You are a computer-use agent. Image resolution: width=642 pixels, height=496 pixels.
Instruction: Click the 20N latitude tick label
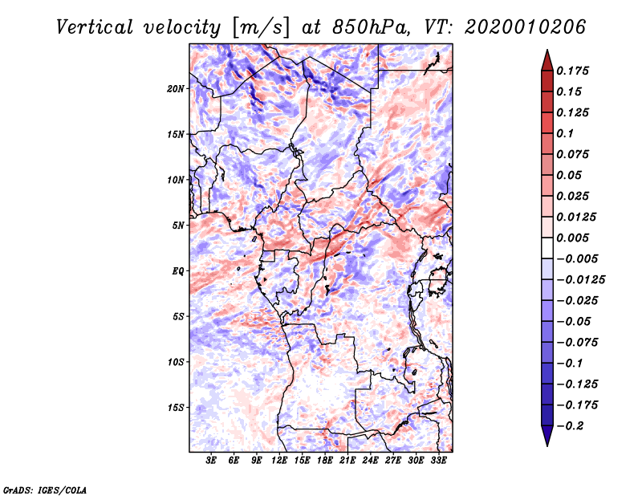click(x=177, y=88)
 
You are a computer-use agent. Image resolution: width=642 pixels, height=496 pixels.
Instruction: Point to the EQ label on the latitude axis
click(x=178, y=271)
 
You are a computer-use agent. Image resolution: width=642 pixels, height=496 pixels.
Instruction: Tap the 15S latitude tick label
click(x=177, y=408)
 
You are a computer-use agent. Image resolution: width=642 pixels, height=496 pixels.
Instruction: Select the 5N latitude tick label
click(x=179, y=226)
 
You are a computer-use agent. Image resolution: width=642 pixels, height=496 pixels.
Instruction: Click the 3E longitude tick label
click(x=211, y=461)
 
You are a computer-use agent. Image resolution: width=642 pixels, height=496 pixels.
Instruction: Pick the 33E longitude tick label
click(x=438, y=461)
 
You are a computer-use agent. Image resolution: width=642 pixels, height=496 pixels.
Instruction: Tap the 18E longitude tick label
click(x=325, y=461)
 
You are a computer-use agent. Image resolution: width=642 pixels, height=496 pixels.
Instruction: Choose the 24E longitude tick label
click(x=370, y=461)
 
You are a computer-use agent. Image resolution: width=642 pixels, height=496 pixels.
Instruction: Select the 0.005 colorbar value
click(x=575, y=238)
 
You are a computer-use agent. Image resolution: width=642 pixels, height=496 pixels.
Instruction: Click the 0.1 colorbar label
click(x=567, y=133)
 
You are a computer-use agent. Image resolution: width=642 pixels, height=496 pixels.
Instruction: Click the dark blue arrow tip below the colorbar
click(x=547, y=442)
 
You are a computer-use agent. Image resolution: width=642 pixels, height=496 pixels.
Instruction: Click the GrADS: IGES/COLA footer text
click(x=45, y=489)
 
